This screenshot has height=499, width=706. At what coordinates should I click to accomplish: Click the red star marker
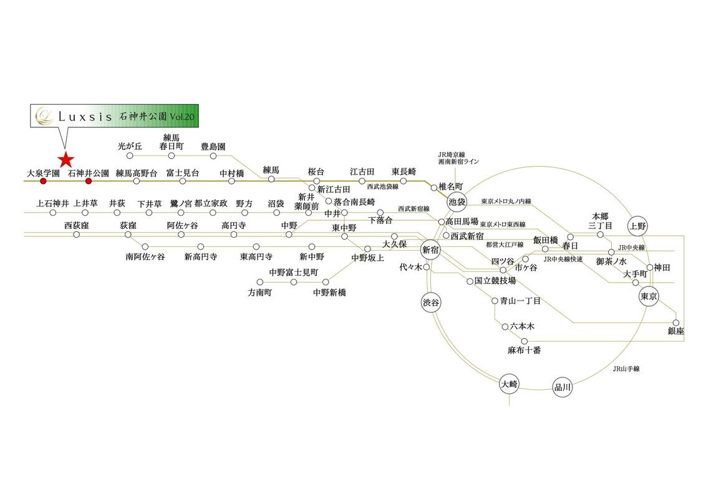[66, 160]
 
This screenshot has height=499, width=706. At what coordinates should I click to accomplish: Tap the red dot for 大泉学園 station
[43, 181]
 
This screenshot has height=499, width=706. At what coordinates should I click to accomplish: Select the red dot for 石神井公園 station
[89, 181]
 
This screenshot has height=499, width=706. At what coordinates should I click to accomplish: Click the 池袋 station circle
[457, 201]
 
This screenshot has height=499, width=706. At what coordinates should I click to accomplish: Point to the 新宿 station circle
[430, 249]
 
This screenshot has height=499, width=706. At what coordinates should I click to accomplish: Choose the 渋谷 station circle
[430, 303]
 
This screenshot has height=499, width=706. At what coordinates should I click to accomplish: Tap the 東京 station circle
[649, 296]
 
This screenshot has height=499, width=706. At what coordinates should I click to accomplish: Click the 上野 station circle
[637, 226]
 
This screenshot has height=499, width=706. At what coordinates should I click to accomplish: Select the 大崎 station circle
[510, 384]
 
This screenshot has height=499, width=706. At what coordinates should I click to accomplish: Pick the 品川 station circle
[563, 387]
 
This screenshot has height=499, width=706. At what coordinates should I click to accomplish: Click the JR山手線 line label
[626, 369]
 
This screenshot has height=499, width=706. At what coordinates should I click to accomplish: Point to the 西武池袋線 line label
[383, 187]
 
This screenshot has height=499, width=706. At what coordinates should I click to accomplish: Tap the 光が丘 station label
[130, 147]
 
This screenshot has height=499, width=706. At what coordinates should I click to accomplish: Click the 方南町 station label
[260, 293]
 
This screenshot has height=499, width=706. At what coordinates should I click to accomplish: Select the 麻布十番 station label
[524, 350]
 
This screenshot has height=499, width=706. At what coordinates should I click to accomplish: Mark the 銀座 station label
[676, 331]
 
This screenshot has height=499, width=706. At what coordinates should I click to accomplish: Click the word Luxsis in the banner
[85, 117]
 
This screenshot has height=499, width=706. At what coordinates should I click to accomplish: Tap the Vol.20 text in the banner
[182, 116]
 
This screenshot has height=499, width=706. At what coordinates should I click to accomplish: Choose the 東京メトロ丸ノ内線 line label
[506, 201]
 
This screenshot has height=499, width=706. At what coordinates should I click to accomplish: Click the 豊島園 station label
[213, 147]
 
